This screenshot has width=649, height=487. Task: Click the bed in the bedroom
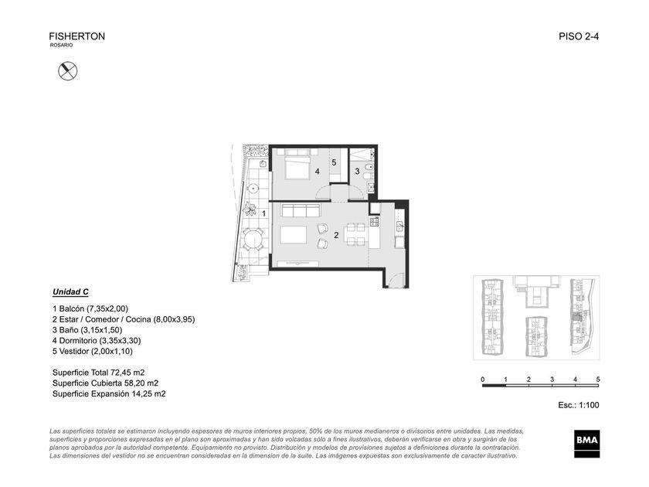[297, 165]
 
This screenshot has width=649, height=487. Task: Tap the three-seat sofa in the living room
[301, 210]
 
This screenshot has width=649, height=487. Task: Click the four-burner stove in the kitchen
[374, 222]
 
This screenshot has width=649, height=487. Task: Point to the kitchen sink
[400, 226]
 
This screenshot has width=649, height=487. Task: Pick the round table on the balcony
[253, 240]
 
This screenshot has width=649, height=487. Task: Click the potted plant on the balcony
[250, 208]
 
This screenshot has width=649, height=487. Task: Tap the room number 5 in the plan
[334, 163]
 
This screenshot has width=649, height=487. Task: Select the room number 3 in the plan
[357, 171]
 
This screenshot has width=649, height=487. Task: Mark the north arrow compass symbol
[67, 70]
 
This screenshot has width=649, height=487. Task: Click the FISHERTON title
[77, 36]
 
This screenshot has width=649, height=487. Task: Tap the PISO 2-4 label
[579, 36]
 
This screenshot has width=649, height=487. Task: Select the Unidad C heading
[70, 292]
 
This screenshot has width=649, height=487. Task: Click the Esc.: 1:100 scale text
[578, 405]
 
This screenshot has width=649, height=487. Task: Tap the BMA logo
[586, 444]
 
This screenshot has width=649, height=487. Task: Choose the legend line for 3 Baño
[87, 330]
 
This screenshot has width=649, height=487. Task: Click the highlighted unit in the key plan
[576, 317]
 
